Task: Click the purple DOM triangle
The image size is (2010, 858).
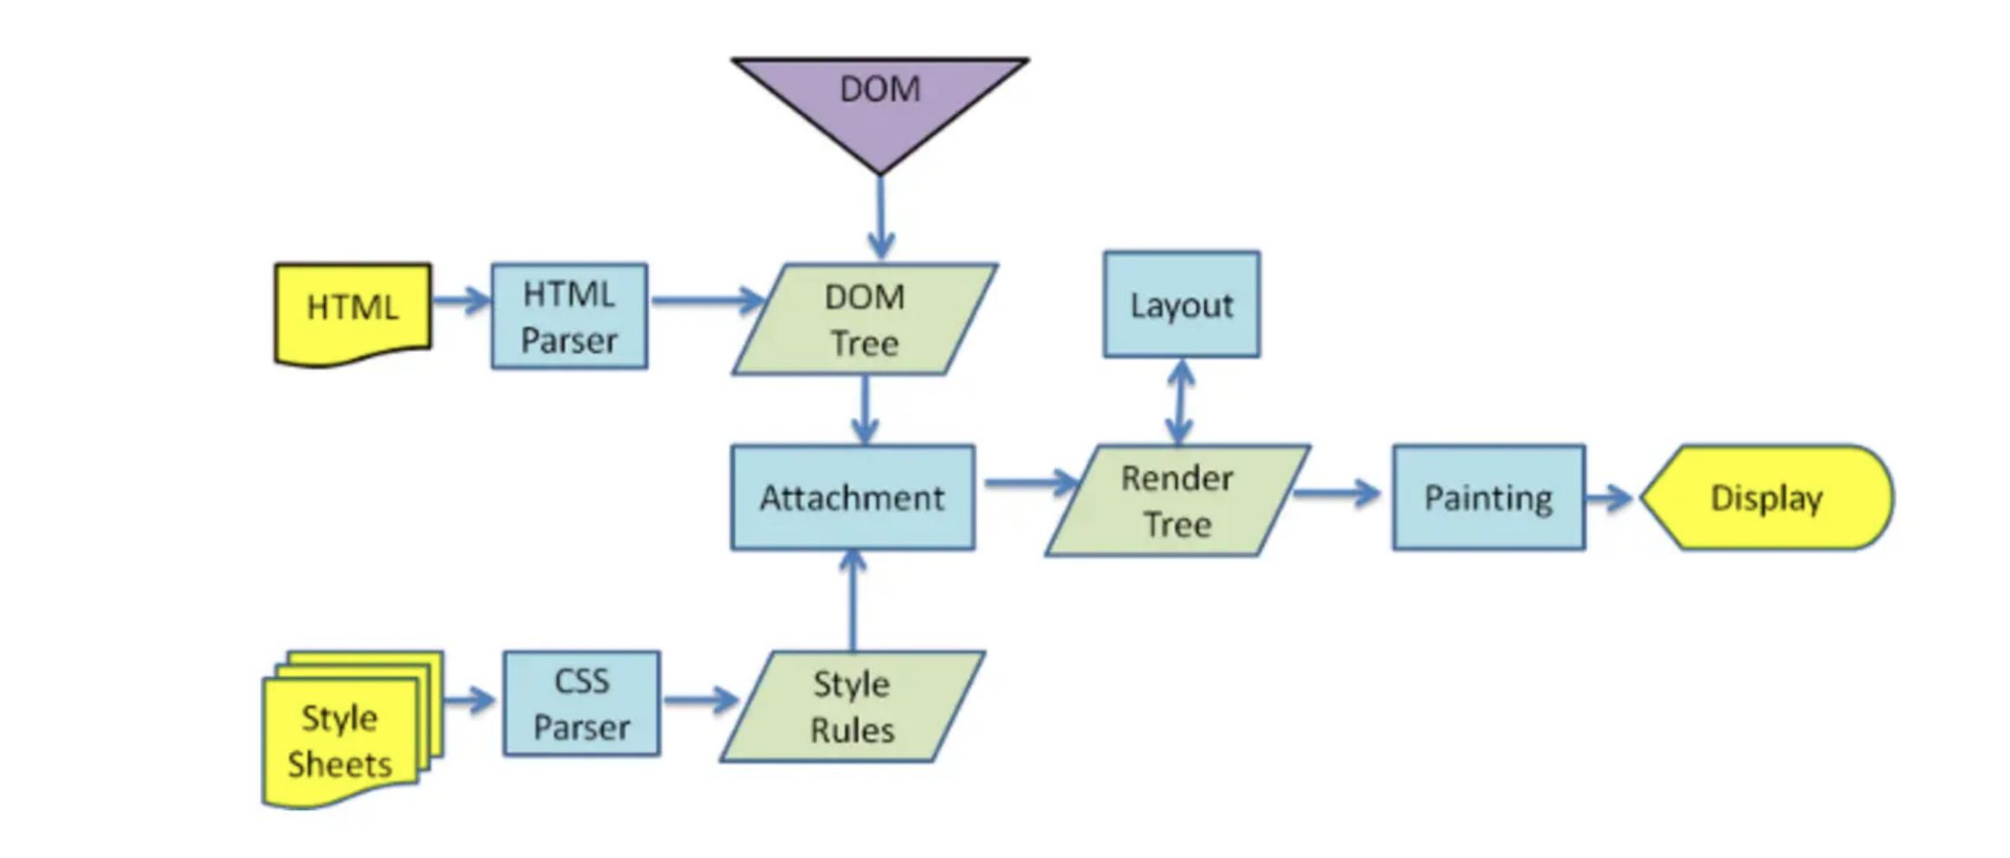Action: (x=879, y=100)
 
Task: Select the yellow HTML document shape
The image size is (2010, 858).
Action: (x=353, y=310)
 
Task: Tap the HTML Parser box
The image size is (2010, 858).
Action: (x=569, y=316)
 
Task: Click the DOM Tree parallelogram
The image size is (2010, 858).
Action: (x=865, y=319)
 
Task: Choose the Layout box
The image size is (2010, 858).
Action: (x=1181, y=304)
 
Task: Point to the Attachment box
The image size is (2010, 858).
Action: (x=853, y=497)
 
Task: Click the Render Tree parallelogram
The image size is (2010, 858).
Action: (x=1177, y=500)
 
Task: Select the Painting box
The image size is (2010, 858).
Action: (x=1488, y=497)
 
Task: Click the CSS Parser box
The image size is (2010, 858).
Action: (x=581, y=704)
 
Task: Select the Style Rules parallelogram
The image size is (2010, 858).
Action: (x=852, y=706)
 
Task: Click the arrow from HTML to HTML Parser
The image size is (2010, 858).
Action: (x=461, y=301)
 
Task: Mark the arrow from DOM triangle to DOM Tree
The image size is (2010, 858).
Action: (x=880, y=217)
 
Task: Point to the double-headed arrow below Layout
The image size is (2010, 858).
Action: (x=1180, y=402)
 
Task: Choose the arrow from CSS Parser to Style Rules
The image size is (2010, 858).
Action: (x=700, y=699)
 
